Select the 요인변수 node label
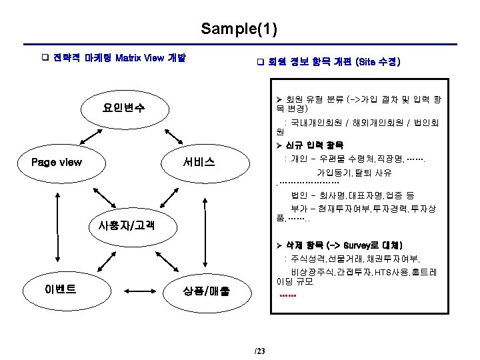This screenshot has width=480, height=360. (124, 107)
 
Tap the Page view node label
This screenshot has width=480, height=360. (57, 162)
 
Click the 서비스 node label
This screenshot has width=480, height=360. (199, 162)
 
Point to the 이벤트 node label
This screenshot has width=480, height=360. (60, 289)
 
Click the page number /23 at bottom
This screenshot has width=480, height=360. (259, 351)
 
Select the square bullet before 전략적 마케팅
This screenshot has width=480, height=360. (45, 58)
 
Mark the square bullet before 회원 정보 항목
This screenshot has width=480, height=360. (261, 63)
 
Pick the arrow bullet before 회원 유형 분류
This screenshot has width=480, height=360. (279, 99)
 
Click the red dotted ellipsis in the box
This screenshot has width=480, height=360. (288, 295)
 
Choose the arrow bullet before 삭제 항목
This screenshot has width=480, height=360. (279, 245)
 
